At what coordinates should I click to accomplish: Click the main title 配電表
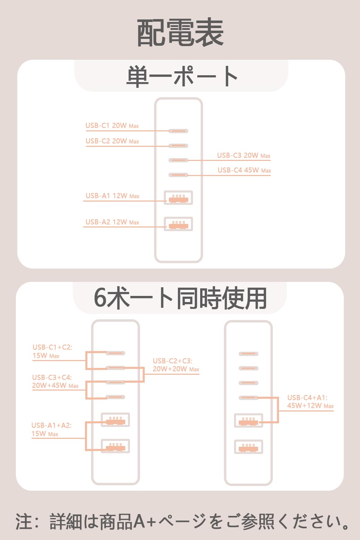180,33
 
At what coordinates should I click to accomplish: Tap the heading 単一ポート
181,76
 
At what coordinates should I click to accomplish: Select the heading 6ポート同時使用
180,298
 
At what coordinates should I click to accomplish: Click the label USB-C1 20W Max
112,126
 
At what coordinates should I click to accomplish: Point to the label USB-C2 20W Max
112,141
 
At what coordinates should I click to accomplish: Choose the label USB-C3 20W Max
243,156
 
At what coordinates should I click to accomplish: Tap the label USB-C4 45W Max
244,170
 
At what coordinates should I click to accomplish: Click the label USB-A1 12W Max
112,196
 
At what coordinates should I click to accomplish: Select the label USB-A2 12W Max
112,222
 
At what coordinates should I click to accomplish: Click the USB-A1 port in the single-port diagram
179,198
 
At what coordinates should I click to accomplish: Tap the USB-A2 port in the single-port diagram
179,224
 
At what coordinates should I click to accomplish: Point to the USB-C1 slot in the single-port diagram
179,131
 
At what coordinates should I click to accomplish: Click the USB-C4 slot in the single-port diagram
179,175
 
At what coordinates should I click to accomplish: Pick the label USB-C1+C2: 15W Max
52,351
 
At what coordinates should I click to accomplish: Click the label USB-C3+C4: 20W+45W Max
55,382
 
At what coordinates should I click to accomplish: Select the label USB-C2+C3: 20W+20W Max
176,365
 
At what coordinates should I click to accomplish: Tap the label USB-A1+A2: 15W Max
51,429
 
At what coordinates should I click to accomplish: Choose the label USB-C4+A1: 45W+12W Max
310,402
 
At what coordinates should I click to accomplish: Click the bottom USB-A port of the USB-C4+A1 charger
248,447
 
